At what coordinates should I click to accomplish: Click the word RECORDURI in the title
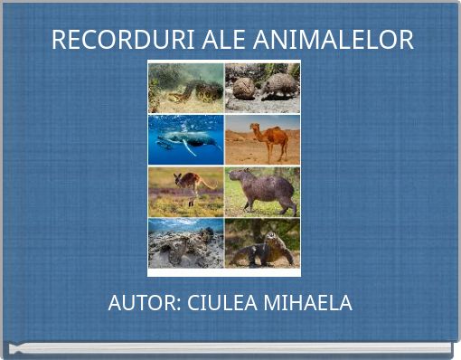click(x=108, y=40)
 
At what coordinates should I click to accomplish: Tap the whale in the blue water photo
click(x=191, y=139)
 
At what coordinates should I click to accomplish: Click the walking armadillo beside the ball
click(x=278, y=85)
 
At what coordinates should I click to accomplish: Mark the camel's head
click(x=255, y=128)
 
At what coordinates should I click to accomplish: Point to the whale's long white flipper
click(x=189, y=148)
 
